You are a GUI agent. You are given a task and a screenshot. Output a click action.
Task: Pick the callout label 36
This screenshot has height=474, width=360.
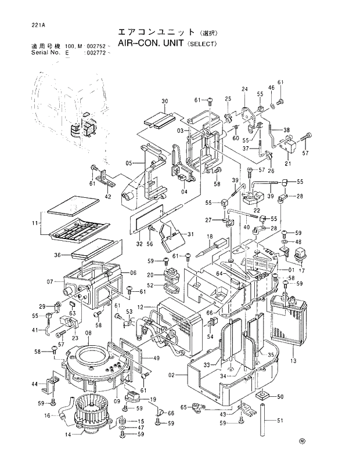point(57,255)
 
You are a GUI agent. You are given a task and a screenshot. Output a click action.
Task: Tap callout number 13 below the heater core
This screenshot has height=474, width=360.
point(293,360)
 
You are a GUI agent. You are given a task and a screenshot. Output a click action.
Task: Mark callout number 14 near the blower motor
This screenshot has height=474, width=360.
point(67,435)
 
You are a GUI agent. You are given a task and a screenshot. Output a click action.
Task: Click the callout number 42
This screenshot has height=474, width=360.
point(107,196)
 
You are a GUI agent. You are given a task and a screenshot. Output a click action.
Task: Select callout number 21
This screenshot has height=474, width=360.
point(286,164)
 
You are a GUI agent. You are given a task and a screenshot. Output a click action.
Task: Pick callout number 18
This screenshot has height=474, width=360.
point(210,237)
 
